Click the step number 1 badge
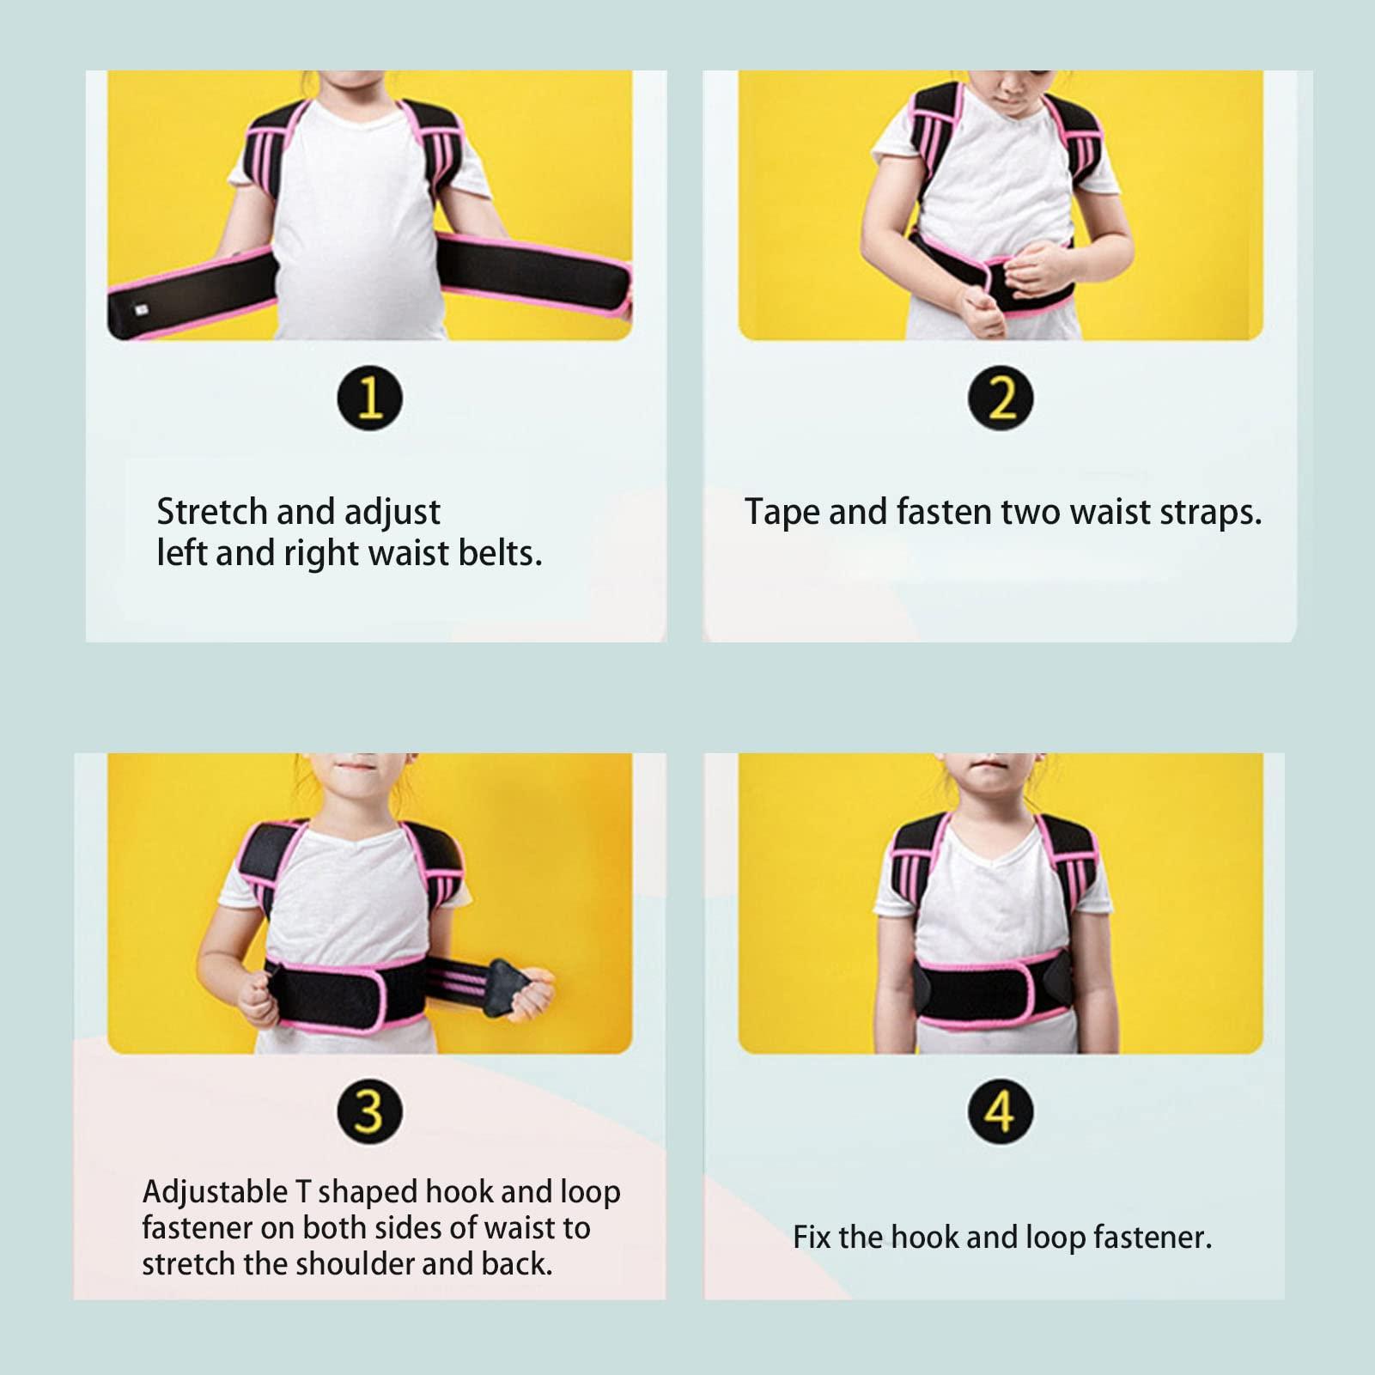click(369, 398)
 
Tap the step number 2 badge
click(1000, 398)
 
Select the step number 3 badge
click(369, 1111)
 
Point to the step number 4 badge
click(1000, 1111)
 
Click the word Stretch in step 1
click(211, 512)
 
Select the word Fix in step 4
click(811, 1238)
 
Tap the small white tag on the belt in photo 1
click(141, 310)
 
